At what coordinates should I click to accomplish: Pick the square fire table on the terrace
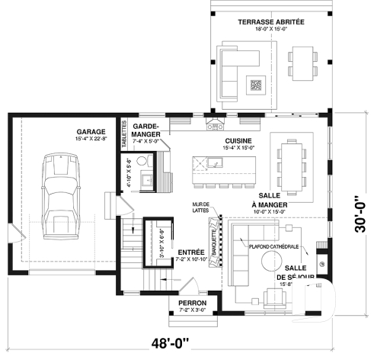click(256, 85)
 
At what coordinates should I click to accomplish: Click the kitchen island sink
click(214, 162)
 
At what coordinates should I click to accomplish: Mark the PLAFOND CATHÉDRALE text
click(272, 246)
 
